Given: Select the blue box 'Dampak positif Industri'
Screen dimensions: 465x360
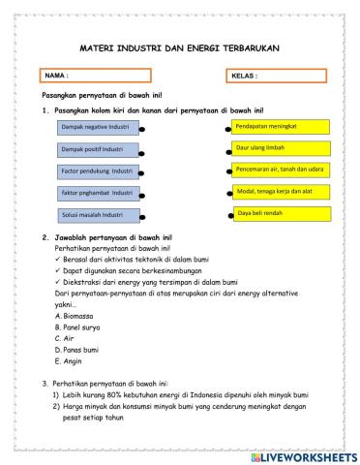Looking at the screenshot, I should (x=98, y=150).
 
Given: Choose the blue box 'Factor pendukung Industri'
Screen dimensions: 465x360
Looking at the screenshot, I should (x=98, y=172).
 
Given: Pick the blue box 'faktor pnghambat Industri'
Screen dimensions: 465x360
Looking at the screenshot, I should (x=98, y=194).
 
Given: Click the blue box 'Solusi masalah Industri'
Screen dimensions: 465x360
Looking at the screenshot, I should (x=98, y=215).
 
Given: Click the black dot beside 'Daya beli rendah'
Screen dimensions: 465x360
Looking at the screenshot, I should (x=231, y=215).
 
